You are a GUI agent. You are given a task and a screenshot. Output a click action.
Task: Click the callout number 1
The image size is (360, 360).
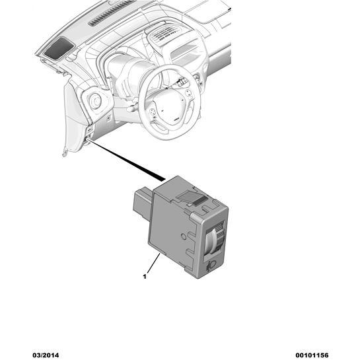pyautogui.click(x=145, y=277)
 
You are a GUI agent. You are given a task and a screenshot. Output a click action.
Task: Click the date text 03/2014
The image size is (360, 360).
pyautogui.click(x=46, y=355)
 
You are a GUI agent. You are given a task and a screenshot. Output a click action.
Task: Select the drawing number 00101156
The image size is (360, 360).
pyautogui.click(x=312, y=355)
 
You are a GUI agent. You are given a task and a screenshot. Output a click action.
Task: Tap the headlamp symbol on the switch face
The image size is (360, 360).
pyautogui.click(x=211, y=266)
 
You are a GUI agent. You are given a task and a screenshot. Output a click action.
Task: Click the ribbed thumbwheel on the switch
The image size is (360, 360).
pyautogui.click(x=215, y=238)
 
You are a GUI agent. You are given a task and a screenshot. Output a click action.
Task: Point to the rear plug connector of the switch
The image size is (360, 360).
pyautogui.click(x=142, y=202)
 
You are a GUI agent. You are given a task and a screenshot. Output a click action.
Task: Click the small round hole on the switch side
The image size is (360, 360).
pyautogui.click(x=184, y=236)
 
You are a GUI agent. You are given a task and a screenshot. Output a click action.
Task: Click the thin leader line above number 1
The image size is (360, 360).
pyautogui.click(x=153, y=263)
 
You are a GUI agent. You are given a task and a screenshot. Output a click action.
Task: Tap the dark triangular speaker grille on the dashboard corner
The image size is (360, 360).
pyautogui.click(x=59, y=49)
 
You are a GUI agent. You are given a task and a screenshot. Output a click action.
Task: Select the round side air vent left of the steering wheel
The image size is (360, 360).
pyautogui.click(x=95, y=101)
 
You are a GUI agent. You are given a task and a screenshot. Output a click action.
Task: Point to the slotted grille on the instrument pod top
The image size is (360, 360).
pyautogui.click(x=163, y=34)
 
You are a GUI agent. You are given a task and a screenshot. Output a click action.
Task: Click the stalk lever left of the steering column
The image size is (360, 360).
pyautogui.click(x=133, y=107)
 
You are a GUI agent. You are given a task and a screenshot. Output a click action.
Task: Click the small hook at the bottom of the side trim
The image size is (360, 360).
pyautogui.click(x=65, y=153)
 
